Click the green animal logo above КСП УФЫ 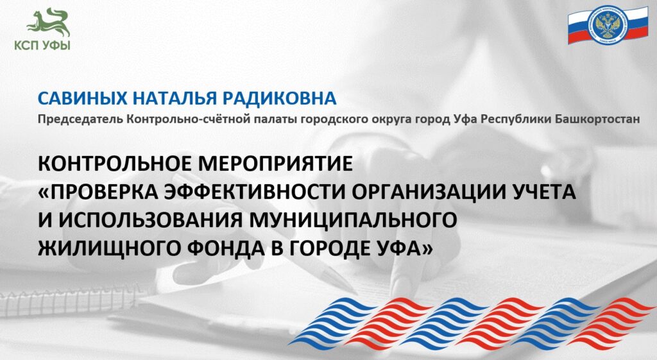49,23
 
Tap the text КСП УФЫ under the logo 42,46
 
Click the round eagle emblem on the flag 608,24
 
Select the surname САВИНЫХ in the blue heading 82,98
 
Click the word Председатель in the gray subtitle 80,119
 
